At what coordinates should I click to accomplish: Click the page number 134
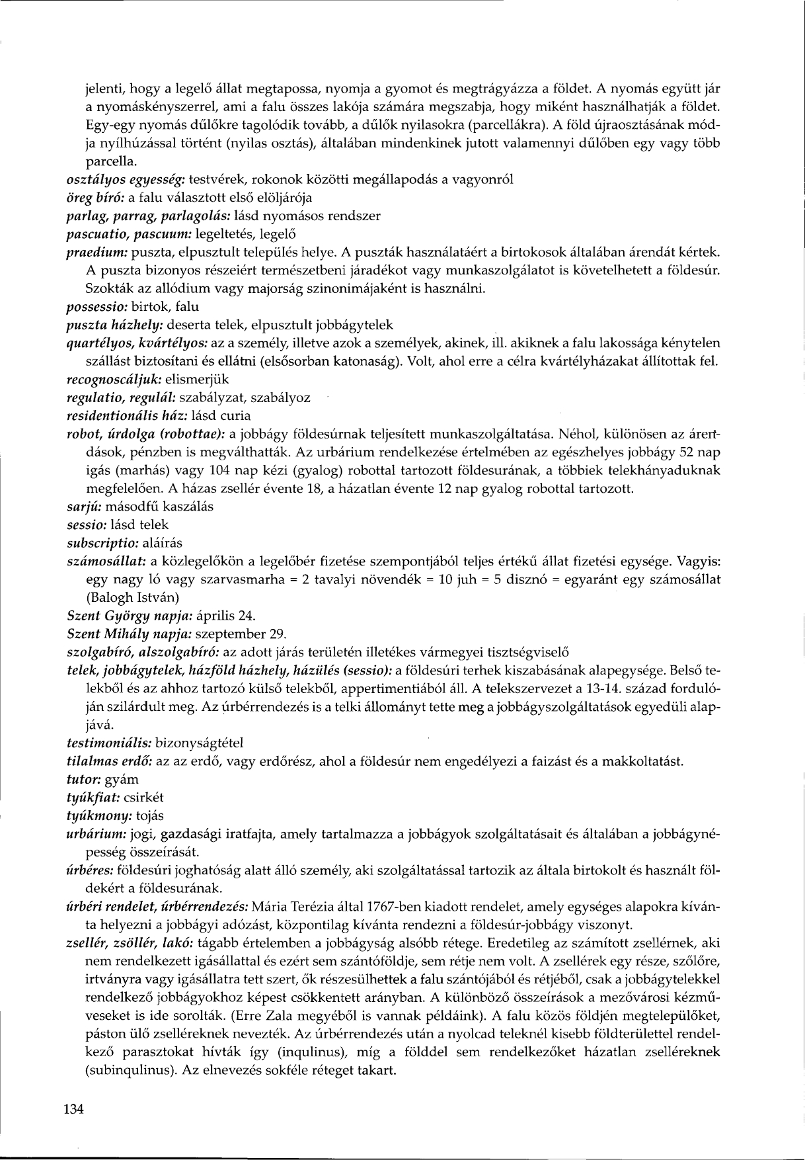coord(74,1110)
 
